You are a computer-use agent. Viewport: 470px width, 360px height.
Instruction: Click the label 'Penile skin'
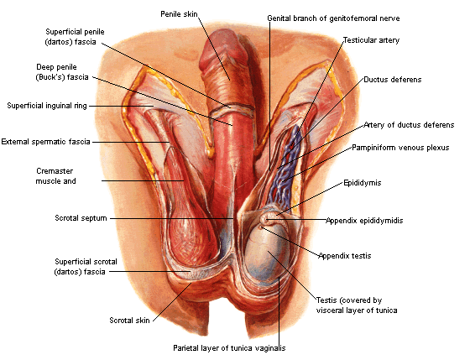(x=179, y=14)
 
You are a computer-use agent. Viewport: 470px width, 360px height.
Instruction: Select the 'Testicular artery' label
(x=371, y=40)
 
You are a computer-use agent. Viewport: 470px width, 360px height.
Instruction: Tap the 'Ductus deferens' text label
(x=393, y=80)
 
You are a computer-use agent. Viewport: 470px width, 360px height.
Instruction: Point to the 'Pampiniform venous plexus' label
(x=400, y=148)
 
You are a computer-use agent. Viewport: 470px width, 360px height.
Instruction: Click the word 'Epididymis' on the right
(x=363, y=183)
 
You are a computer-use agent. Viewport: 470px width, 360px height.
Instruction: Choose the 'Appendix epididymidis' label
(x=364, y=221)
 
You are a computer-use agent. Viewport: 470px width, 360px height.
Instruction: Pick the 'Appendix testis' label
(x=345, y=256)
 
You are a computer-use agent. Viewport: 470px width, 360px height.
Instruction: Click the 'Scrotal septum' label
(x=81, y=218)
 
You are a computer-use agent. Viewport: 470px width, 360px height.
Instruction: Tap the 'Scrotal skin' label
(x=129, y=321)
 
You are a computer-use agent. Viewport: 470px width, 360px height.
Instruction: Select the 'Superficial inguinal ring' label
(x=47, y=106)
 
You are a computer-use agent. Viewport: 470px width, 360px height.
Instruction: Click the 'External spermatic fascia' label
(x=46, y=142)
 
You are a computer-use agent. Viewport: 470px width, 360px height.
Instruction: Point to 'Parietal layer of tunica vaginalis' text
(x=229, y=348)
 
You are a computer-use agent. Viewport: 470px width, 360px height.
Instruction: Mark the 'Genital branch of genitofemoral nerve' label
(x=334, y=18)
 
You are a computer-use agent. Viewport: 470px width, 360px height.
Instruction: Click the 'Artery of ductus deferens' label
(x=410, y=125)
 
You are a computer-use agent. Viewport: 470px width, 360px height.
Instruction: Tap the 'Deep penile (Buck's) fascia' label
(x=62, y=72)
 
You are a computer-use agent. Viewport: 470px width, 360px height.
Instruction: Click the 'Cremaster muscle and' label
(x=55, y=176)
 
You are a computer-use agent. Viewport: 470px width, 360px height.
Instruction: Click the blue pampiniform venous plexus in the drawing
(x=285, y=168)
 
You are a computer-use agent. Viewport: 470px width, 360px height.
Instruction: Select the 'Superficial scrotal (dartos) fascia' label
(x=86, y=267)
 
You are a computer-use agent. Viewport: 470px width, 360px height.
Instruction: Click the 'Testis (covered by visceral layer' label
(x=357, y=305)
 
